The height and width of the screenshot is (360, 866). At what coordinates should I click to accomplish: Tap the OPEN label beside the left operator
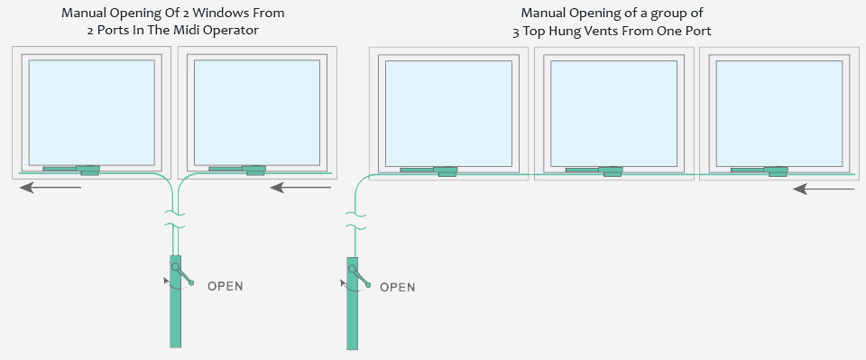point(226,286)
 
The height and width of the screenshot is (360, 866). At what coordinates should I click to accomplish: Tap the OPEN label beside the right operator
point(398,287)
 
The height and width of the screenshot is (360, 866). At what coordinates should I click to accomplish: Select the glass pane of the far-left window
point(92,111)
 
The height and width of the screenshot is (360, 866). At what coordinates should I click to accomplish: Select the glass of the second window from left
point(257,111)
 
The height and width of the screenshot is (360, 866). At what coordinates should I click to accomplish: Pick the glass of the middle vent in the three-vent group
point(613,113)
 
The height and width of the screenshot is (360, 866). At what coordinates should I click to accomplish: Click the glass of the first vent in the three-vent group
point(448,113)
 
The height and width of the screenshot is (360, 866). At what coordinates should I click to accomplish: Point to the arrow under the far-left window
point(51,188)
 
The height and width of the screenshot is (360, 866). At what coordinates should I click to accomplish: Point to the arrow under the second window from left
point(301,188)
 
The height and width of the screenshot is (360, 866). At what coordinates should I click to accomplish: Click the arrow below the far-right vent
point(824,189)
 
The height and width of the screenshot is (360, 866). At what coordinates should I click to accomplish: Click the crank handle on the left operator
point(182,275)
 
